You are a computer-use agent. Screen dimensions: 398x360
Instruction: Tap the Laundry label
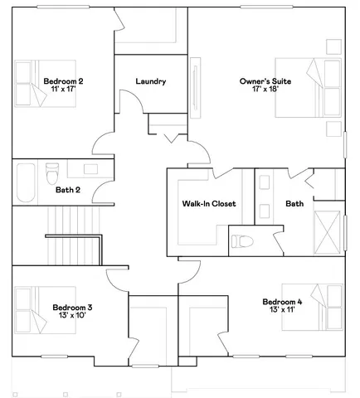click(x=151, y=81)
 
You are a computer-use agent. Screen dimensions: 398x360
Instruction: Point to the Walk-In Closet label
click(x=209, y=203)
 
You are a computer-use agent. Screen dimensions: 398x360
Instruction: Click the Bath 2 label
click(x=68, y=190)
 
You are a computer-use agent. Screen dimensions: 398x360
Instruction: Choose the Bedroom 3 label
click(x=66, y=307)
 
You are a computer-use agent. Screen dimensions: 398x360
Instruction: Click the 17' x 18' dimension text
click(x=264, y=90)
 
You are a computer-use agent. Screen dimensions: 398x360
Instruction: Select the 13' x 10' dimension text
click(x=66, y=316)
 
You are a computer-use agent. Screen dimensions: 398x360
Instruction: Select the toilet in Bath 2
click(x=51, y=175)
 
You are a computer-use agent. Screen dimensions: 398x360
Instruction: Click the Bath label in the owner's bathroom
click(x=294, y=203)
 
